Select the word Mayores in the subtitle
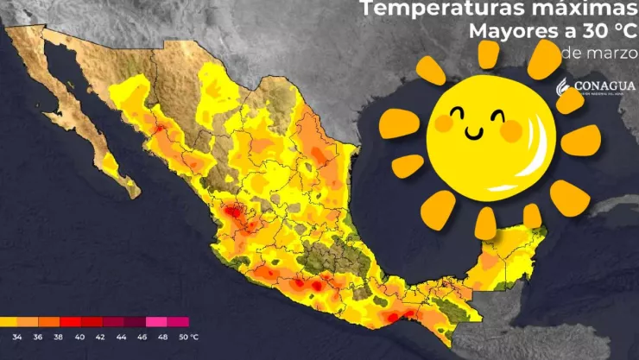(x=509, y=32)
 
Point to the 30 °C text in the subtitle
(x=600, y=32)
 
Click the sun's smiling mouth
(x=474, y=132)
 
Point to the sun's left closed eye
(x=456, y=112)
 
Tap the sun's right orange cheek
(x=510, y=131)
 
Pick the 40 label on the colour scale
(x=80, y=336)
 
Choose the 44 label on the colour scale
(x=120, y=336)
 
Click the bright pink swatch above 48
(x=157, y=322)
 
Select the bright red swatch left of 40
(x=71, y=322)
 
